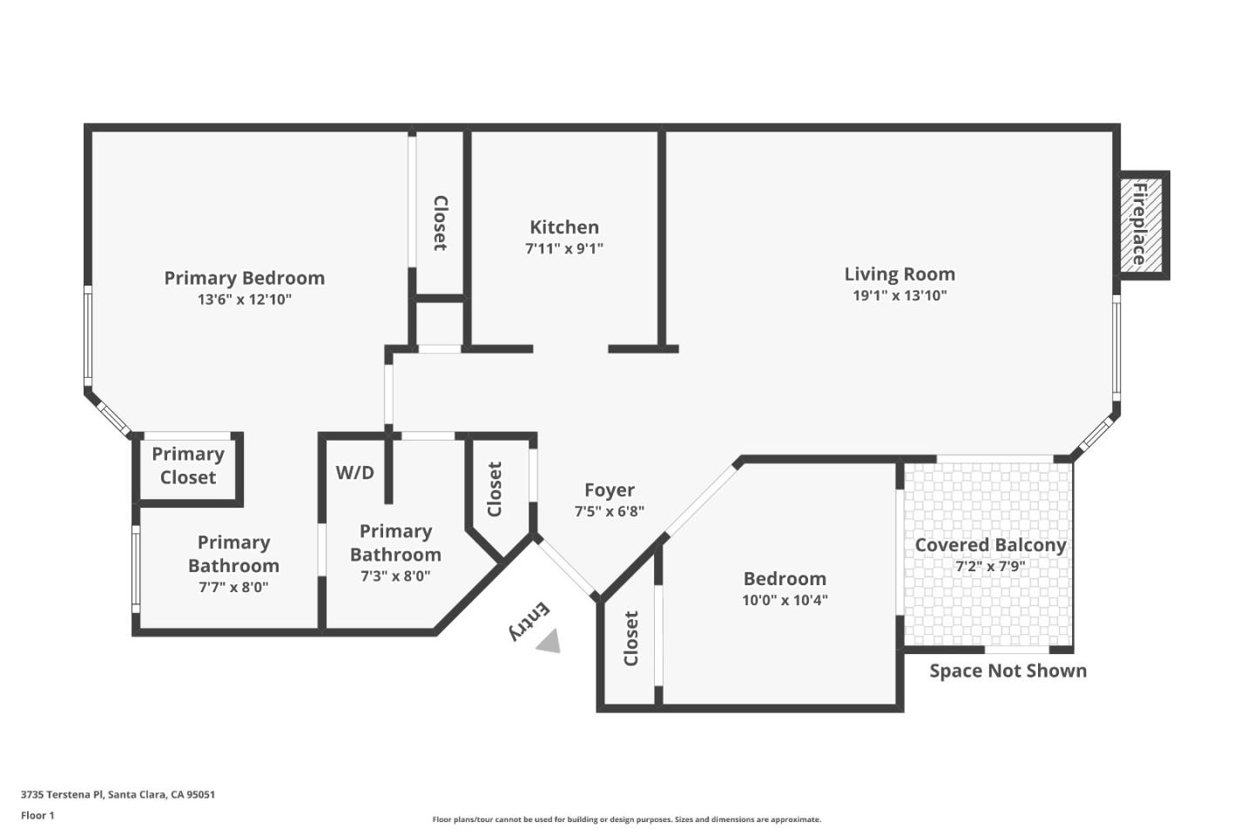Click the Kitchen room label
tap(564, 227)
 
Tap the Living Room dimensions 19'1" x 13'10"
tap(900, 295)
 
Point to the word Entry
tap(529, 621)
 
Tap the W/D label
tap(355, 473)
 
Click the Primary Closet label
tap(188, 466)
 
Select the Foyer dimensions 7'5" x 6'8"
tap(609, 511)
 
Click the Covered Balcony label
tap(990, 545)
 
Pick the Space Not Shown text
tap(1008, 671)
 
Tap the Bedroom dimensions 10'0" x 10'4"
tap(785, 600)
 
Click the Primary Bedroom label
tap(245, 278)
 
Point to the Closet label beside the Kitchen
tap(441, 224)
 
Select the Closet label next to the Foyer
tap(495, 489)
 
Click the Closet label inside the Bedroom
tap(631, 638)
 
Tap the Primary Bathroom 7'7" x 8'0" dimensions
tap(233, 587)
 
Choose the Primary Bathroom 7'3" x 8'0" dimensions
tap(395, 576)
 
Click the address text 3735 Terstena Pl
tap(118, 794)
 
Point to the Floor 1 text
tap(37, 816)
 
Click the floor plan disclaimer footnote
tap(626, 819)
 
